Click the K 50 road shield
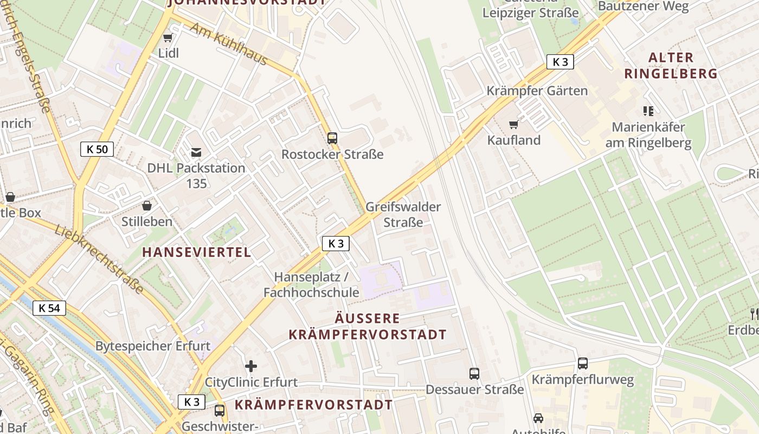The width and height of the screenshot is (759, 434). point(97,149)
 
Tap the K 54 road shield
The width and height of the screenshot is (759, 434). point(49,308)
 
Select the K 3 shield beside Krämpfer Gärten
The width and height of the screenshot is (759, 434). point(560,62)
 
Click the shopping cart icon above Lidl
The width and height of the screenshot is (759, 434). point(168,37)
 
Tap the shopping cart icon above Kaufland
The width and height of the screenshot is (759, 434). point(513,124)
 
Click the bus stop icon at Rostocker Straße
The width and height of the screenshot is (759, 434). point(332,138)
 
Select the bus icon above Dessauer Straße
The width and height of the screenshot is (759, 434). point(474,373)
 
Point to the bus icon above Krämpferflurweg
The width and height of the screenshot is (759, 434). point(582,363)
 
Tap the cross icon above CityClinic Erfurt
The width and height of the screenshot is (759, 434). point(250,366)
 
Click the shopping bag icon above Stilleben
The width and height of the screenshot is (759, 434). point(146,206)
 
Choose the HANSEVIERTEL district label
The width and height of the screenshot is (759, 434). point(197,252)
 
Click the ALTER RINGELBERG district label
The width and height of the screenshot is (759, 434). point(671,65)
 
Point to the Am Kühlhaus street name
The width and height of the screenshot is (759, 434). point(228,47)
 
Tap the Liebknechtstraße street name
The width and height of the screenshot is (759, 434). point(99,259)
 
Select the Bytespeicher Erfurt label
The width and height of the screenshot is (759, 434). point(153,346)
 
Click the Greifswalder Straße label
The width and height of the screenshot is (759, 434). point(403,214)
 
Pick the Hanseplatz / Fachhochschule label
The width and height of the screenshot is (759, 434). point(311,285)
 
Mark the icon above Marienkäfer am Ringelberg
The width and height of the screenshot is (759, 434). point(648,111)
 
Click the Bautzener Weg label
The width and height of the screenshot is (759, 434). point(643,7)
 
